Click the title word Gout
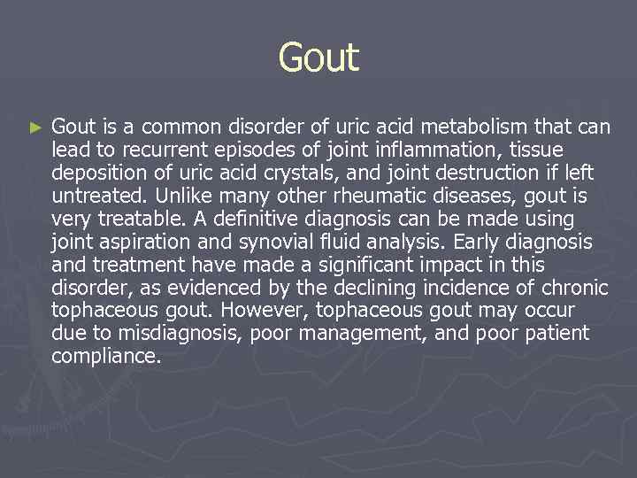point(318,58)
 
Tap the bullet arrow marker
point(35,128)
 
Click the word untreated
point(93,196)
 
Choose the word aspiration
point(144,242)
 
